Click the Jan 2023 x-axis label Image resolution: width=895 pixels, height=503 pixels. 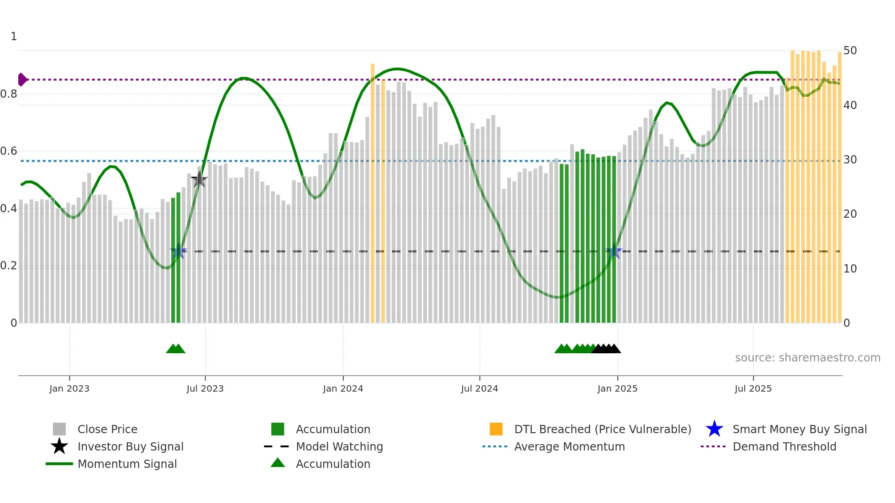pos(69,388)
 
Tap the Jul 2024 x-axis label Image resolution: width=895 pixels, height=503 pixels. pos(479,388)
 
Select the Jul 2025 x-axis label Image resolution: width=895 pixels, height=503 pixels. pos(753,388)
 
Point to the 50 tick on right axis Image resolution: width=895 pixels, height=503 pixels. pos(850,51)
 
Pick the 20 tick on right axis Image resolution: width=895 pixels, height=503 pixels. pos(850,214)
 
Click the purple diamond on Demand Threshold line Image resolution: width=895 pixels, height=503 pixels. pos(22,79)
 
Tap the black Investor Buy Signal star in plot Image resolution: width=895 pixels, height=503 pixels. pos(199,179)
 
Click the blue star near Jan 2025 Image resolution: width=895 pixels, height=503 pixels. pos(614,251)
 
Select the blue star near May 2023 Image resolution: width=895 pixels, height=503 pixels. pos(179,251)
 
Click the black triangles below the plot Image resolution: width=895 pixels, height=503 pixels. pos(606,349)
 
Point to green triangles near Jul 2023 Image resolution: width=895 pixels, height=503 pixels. pos(176,349)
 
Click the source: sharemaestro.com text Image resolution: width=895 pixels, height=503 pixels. pos(807,358)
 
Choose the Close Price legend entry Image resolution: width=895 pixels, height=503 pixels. pos(107,429)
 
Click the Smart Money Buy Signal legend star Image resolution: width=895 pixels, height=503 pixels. pos(714,429)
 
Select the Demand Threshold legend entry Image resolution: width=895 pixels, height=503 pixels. pos(784,446)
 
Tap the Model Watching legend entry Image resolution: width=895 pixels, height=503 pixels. pos(339,446)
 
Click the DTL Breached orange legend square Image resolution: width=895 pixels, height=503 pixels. pos(496,429)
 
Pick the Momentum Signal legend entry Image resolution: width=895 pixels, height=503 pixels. pos(127,464)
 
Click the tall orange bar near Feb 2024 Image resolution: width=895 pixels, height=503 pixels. pos(373,192)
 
